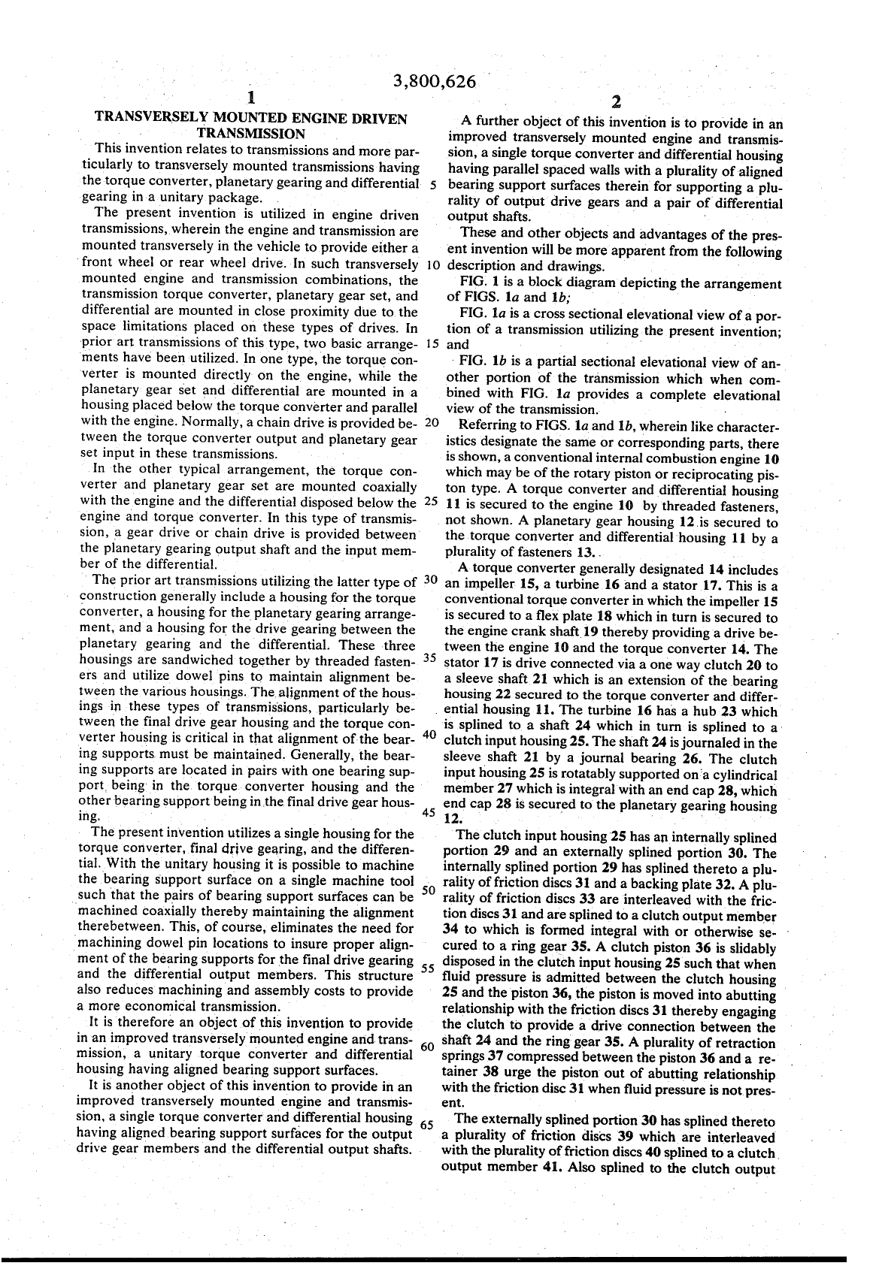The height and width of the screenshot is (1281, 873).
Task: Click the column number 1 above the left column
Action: tap(251, 98)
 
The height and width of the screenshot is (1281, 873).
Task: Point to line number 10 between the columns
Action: tap(432, 265)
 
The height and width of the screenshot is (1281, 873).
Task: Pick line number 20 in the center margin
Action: tap(432, 421)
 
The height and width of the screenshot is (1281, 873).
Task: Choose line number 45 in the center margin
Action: tap(431, 812)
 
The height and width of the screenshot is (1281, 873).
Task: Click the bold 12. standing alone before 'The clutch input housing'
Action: tap(453, 819)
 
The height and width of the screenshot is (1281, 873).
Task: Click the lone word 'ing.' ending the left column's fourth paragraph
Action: tap(89, 815)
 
